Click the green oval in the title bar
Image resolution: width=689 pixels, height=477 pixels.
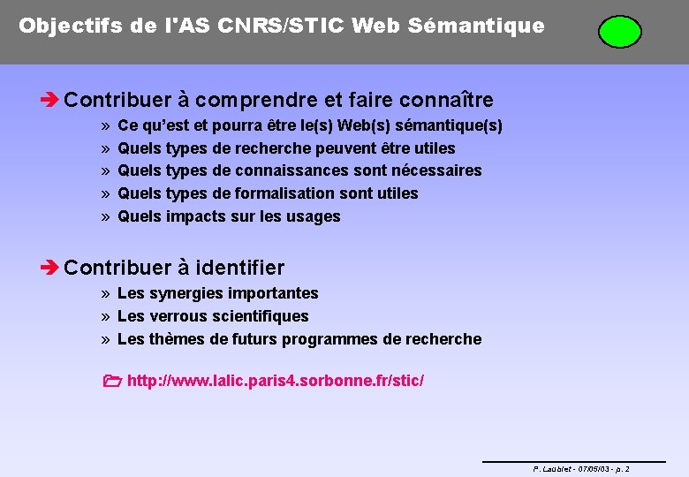click(x=619, y=31)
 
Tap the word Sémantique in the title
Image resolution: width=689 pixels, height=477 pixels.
click(x=492, y=26)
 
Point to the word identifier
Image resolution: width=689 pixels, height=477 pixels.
click(x=239, y=267)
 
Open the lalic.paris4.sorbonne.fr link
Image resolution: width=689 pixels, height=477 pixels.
click(x=276, y=381)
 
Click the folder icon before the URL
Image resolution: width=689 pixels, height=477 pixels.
click(x=110, y=382)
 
